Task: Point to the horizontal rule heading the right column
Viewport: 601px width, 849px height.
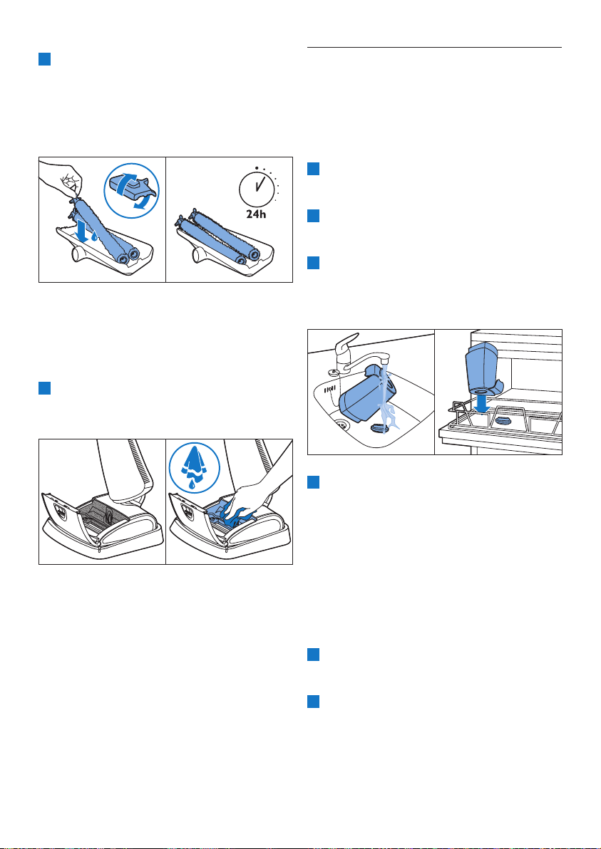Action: tap(435, 48)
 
